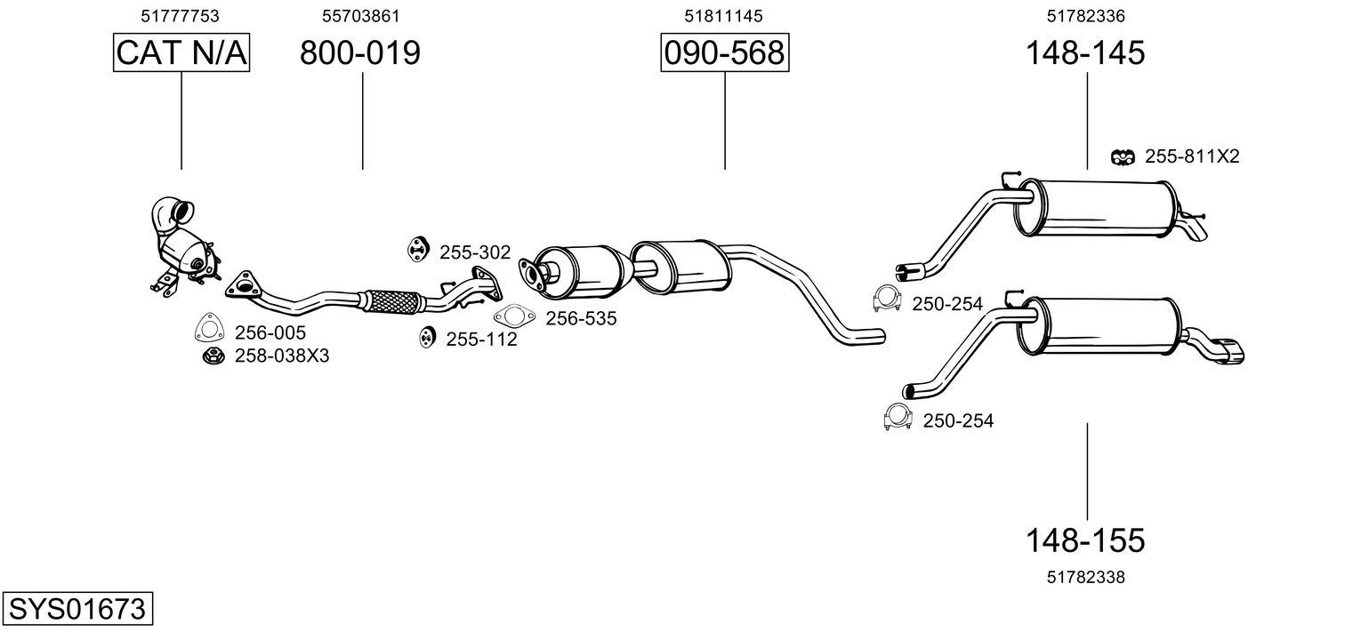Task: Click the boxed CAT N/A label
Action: click(181, 53)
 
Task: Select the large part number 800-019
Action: click(359, 53)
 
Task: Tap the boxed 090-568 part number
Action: click(724, 53)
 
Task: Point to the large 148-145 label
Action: click(1084, 53)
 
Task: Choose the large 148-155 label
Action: click(1084, 540)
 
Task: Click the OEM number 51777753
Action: click(181, 16)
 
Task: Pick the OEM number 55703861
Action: click(360, 16)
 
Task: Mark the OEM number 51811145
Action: click(724, 16)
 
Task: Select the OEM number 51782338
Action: click(1086, 577)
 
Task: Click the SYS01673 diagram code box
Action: click(77, 609)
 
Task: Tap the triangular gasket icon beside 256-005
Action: click(209, 329)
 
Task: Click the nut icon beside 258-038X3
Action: click(213, 356)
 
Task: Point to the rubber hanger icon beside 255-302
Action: click(416, 250)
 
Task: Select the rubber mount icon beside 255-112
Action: click(427, 338)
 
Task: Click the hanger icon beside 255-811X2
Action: click(1123, 156)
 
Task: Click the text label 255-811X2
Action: click(1192, 156)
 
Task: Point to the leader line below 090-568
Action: click(724, 121)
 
